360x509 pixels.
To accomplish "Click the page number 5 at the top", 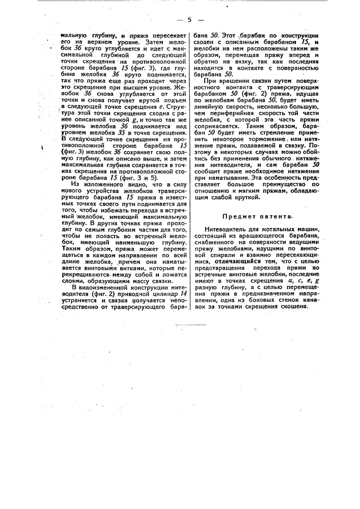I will pos(189,20).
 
